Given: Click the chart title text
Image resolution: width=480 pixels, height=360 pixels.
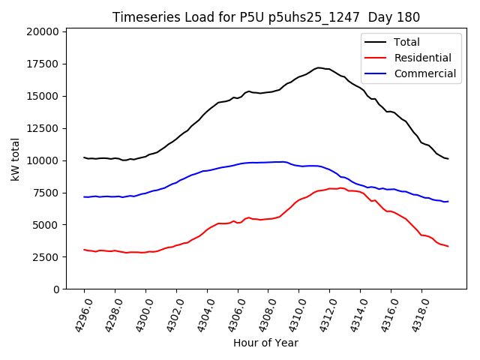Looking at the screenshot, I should tap(265, 17).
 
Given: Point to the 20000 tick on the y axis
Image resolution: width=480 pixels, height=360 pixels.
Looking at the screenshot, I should tap(42, 31).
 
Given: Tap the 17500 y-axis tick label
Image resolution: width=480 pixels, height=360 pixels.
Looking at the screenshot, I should tap(42, 64).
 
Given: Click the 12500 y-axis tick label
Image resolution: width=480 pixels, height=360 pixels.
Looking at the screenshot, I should tap(42, 128).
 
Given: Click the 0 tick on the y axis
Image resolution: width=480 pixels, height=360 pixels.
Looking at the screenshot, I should tap(55, 289).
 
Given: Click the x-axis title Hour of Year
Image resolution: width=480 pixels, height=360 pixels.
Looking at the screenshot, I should tap(265, 343).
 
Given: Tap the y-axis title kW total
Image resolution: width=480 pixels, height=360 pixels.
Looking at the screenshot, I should tap(15, 159).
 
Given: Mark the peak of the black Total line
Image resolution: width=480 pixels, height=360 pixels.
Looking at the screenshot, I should tap(318, 67).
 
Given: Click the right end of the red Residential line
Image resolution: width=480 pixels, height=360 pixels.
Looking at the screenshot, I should tap(448, 246).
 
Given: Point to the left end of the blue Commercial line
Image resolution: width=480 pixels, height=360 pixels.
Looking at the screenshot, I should tap(84, 196).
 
